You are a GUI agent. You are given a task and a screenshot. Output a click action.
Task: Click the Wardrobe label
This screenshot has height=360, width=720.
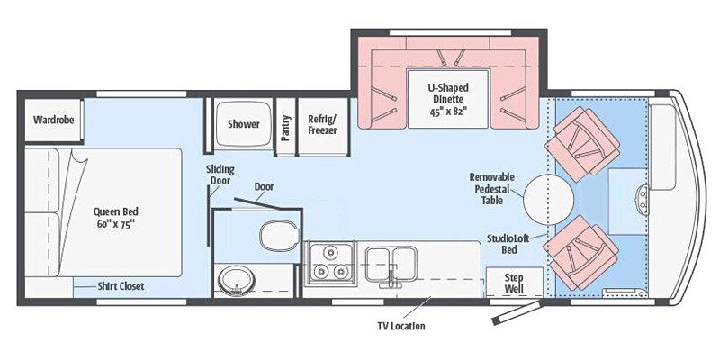coord(53,119)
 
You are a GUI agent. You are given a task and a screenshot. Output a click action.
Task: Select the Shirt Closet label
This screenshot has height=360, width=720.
coord(121,286)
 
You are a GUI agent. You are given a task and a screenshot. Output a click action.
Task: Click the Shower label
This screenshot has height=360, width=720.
coord(243,123)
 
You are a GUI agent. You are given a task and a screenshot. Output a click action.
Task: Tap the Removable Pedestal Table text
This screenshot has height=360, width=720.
coord(493,189)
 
